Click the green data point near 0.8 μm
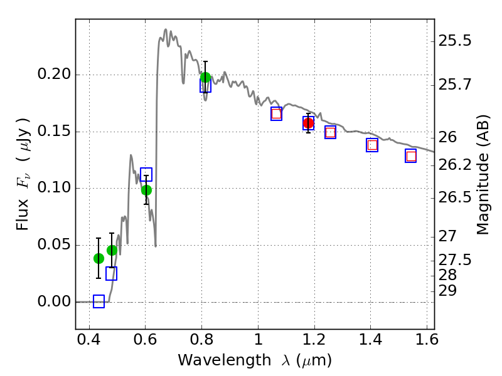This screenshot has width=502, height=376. coord(205,78)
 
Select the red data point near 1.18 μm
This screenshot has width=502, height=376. coord(308,123)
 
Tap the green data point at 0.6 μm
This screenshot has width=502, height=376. coord(146,190)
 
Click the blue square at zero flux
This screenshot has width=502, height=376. coord(99,301)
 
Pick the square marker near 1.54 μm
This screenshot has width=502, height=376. coord(411,156)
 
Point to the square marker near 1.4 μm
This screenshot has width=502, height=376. coord(372,145)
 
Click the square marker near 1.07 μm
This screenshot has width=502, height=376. coord(276,113)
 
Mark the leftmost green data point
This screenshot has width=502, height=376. coord(99,258)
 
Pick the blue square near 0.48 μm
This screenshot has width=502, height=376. coord(111,273)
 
